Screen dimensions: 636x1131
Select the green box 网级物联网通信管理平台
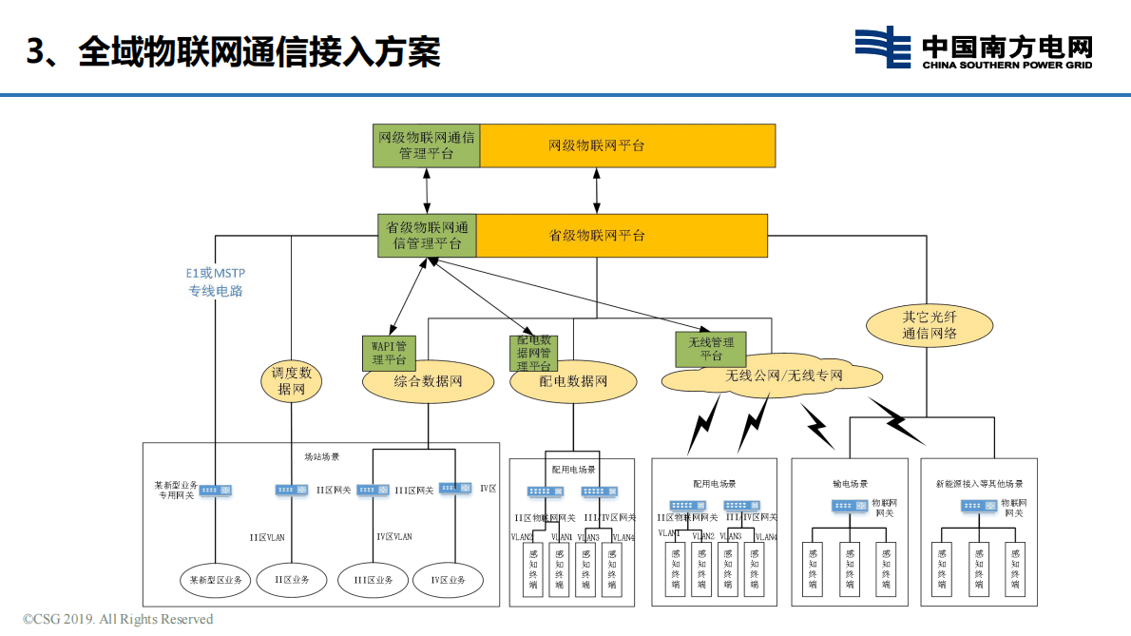425,145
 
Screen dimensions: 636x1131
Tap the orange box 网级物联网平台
627,145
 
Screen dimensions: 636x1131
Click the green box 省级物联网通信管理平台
427,236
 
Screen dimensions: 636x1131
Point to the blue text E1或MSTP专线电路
215,282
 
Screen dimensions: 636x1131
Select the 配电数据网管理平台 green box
533,353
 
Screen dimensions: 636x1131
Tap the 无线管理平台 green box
710,349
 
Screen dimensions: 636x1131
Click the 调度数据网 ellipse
291,381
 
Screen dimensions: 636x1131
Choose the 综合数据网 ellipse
428,382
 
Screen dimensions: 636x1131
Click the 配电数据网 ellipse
573,382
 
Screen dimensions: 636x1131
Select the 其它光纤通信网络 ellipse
929,324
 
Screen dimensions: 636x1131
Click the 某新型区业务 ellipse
216,580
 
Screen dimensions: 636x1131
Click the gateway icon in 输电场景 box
849,506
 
